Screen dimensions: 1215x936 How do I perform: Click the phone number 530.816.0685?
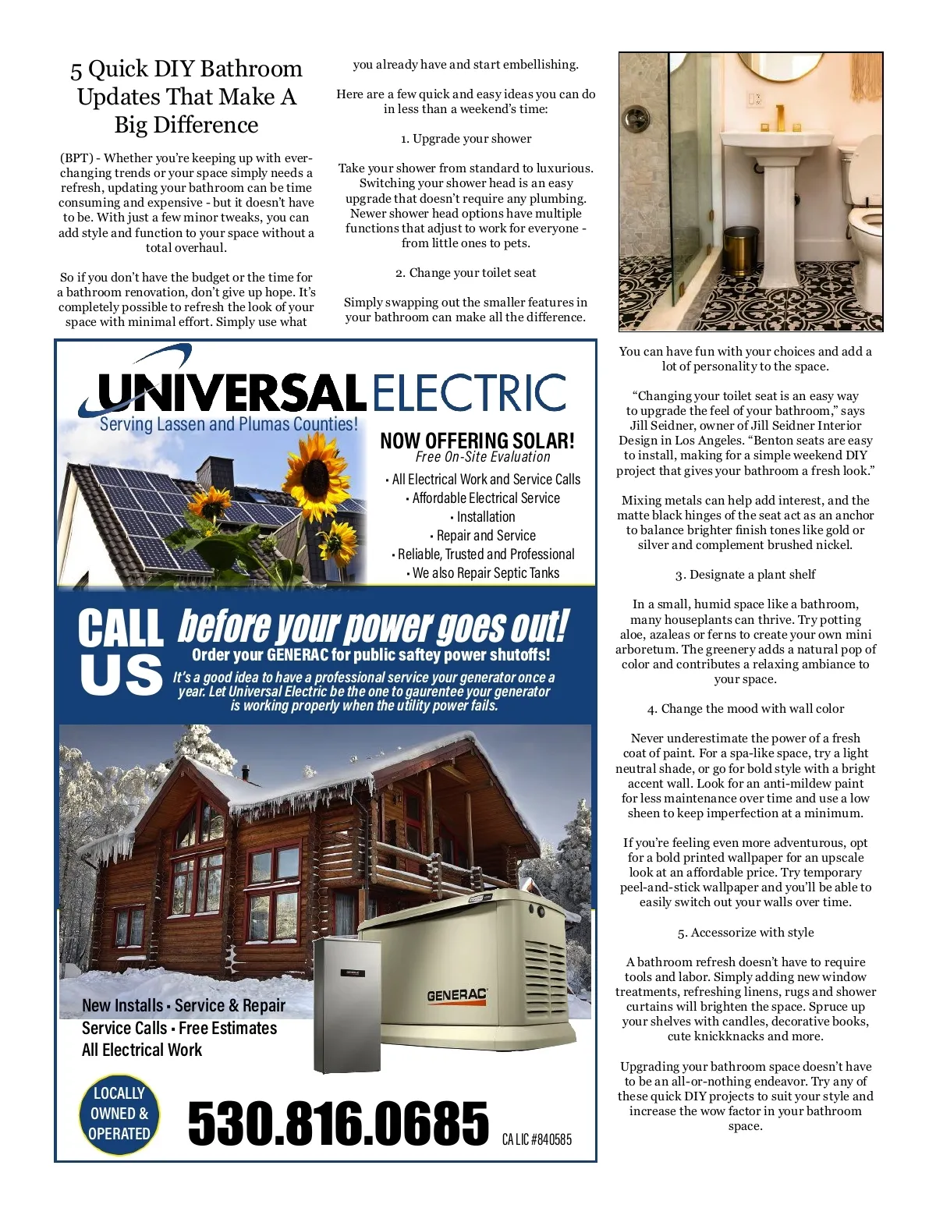point(338,1124)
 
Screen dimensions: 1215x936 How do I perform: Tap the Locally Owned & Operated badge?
point(119,1114)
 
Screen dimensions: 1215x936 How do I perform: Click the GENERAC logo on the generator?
point(457,995)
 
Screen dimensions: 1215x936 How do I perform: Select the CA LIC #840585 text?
point(537,1139)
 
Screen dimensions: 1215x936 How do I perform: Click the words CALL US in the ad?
point(120,652)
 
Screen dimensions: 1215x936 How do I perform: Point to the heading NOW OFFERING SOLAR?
point(477,441)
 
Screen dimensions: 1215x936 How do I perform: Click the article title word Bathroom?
point(250,69)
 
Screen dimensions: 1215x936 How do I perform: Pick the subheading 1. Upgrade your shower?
point(466,139)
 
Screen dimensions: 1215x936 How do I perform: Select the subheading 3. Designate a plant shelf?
point(745,575)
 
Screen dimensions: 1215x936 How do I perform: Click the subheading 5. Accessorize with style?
point(745,933)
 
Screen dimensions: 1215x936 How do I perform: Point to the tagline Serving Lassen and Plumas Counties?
point(229,424)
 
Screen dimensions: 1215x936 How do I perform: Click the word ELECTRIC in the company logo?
point(469,392)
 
